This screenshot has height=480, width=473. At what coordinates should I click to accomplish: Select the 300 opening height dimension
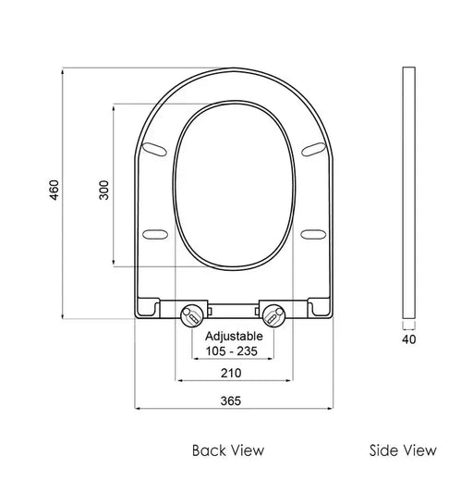(103, 189)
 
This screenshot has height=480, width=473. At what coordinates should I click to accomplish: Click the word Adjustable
(234, 337)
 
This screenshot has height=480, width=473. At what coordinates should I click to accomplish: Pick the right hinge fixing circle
(273, 314)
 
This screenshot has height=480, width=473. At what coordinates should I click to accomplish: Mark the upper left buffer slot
(157, 146)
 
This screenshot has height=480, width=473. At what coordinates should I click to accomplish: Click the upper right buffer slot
(311, 146)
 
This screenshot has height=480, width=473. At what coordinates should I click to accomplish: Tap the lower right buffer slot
(312, 232)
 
